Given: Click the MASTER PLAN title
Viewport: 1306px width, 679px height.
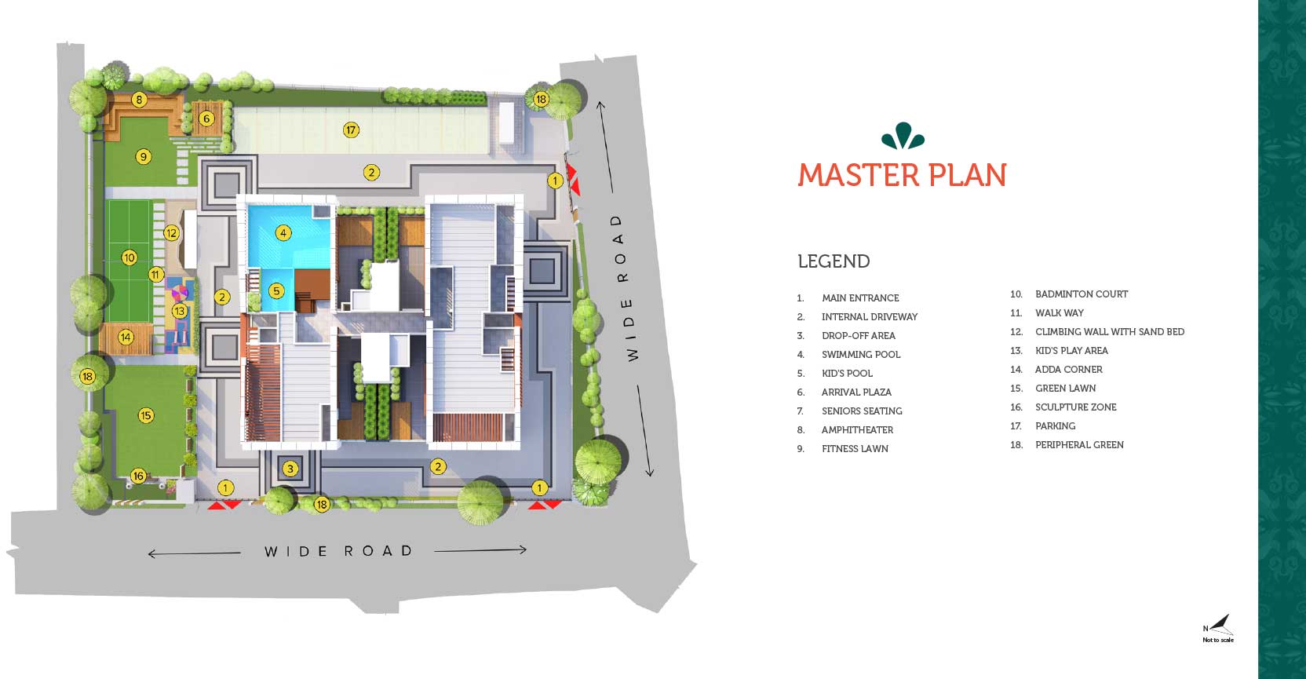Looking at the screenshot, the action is click(902, 175).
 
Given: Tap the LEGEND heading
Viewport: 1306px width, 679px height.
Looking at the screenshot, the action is click(834, 261).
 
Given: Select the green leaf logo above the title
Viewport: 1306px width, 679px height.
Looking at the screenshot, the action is click(903, 136).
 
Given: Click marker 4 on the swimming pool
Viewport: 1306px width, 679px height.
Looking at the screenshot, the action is click(283, 233).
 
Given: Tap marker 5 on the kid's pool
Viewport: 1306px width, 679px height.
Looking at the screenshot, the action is click(276, 290).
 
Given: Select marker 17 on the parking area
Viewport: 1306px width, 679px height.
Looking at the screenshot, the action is click(351, 130).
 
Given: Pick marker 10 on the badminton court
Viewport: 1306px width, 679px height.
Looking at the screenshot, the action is click(130, 257).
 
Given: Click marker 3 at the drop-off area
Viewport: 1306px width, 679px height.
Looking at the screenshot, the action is click(290, 468).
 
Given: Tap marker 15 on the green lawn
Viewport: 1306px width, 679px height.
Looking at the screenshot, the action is click(146, 415).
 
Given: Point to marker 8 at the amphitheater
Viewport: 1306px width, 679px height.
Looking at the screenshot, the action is click(139, 100).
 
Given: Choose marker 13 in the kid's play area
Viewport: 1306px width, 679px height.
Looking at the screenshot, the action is click(180, 311).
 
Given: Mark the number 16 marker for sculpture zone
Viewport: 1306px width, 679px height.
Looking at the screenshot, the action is click(138, 476).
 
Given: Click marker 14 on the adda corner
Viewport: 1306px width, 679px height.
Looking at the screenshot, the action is click(126, 337).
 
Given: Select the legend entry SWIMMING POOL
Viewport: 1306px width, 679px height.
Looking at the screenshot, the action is click(861, 355).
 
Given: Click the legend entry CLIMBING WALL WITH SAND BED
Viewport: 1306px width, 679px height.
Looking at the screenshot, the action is click(1110, 332).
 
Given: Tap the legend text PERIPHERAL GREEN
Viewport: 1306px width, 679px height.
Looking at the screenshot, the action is click(1079, 445).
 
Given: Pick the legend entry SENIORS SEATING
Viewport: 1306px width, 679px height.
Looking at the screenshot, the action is click(862, 411).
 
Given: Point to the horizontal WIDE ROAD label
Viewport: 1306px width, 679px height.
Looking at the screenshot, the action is click(339, 551).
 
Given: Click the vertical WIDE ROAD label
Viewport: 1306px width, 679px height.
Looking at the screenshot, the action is click(625, 287).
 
